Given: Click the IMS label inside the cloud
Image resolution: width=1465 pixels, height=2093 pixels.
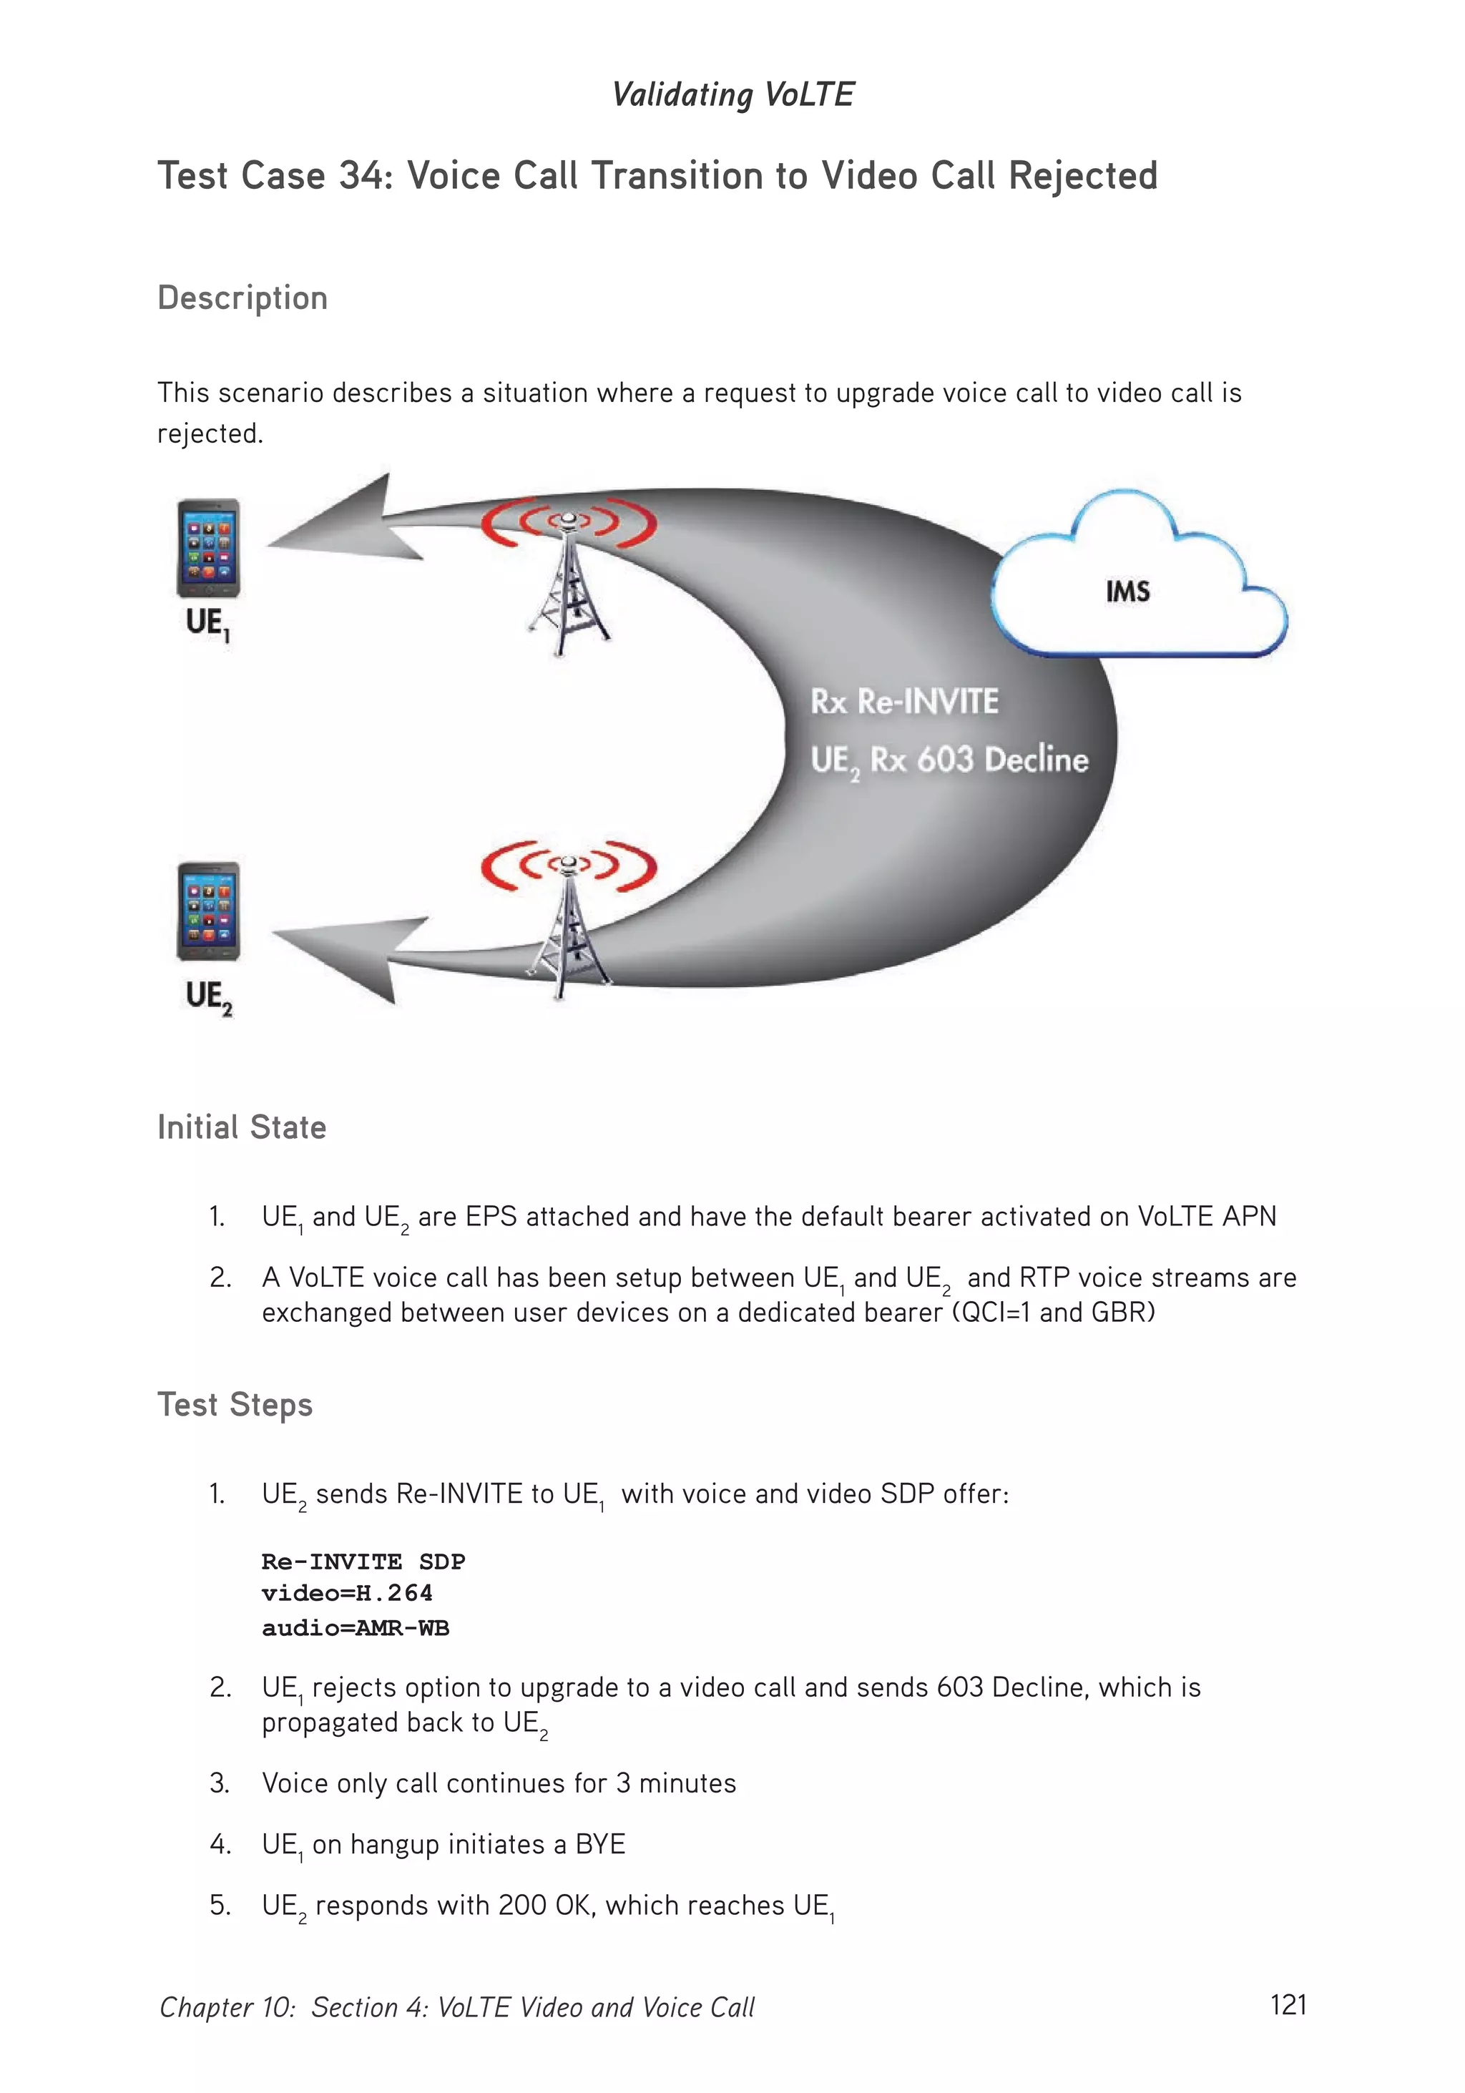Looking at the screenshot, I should (x=1127, y=592).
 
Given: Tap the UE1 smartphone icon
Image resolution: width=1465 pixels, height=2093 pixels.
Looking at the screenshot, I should (x=208, y=548).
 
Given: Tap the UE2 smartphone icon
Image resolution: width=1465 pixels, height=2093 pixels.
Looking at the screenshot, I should (x=208, y=911).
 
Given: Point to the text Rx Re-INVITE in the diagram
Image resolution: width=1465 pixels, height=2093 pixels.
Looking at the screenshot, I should (x=904, y=702).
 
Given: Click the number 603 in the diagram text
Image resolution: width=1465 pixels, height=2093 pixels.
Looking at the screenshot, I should (x=946, y=760).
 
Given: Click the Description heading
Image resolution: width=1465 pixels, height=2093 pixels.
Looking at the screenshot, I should (x=242, y=298).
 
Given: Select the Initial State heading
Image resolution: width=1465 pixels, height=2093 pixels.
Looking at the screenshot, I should (x=242, y=1127).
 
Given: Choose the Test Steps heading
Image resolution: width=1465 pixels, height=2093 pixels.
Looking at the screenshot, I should (x=235, y=1405).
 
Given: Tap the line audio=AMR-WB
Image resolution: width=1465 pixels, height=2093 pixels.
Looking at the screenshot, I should (x=356, y=1628).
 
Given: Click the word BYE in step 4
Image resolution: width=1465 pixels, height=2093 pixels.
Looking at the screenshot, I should (x=600, y=1845).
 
